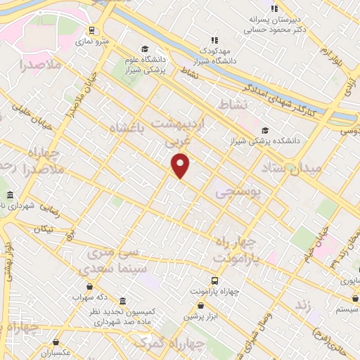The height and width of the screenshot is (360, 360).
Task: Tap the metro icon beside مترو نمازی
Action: (x=91, y=30)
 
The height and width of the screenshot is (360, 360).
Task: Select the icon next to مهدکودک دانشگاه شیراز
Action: (x=214, y=40)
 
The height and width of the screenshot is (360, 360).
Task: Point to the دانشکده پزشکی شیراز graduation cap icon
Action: (x=265, y=130)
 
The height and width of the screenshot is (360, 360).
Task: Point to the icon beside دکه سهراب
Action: (x=89, y=285)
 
